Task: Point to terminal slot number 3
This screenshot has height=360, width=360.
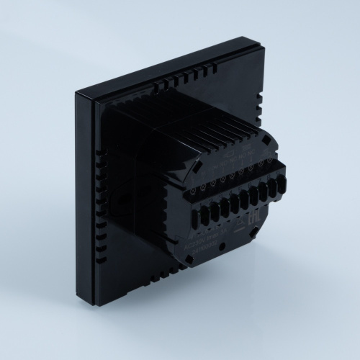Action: (217, 209)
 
